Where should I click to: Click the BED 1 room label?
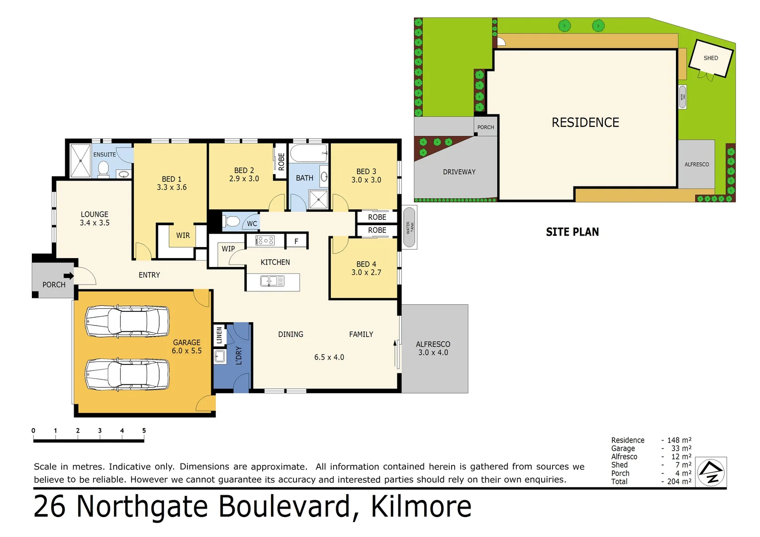(x=172, y=183)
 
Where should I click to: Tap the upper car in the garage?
(x=127, y=321)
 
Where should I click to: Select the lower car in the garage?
(x=127, y=374)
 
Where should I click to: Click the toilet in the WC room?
(x=231, y=221)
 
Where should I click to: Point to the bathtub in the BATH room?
(x=308, y=153)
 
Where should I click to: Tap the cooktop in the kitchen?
(x=265, y=241)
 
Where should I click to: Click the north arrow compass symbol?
(x=711, y=472)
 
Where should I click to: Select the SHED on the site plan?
(x=711, y=58)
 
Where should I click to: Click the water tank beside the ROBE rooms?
(x=409, y=227)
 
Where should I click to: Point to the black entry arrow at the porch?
(x=69, y=275)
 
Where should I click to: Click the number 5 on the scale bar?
(x=144, y=431)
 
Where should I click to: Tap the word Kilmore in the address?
(x=421, y=507)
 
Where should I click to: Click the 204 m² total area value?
(x=679, y=481)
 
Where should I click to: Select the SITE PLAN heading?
(x=572, y=232)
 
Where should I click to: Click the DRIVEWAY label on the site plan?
(x=459, y=172)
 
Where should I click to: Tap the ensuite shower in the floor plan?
(x=80, y=161)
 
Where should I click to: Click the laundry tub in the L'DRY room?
(x=219, y=356)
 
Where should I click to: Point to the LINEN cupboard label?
(x=219, y=335)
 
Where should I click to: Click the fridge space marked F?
(x=296, y=241)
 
